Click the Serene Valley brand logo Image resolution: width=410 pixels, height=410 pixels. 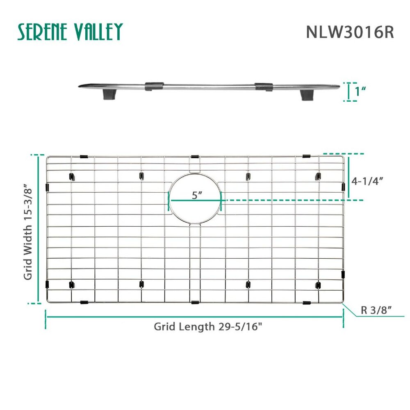point(70,32)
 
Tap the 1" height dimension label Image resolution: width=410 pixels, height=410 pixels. point(360,91)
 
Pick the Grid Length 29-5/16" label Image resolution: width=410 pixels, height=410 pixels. point(208,327)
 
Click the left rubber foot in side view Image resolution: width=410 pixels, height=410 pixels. point(109,95)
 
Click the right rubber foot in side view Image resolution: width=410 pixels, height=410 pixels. point(306,95)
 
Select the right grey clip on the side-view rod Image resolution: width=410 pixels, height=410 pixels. point(263,87)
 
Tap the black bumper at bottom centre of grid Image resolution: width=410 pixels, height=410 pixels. point(195,303)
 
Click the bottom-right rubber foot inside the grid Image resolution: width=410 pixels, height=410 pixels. point(317,284)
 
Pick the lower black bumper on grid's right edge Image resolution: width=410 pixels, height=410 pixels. point(343,274)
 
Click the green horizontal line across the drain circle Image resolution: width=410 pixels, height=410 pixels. point(195,200)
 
